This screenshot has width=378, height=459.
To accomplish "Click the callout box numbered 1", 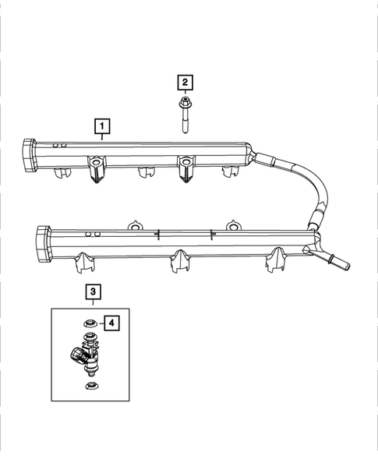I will [101, 124].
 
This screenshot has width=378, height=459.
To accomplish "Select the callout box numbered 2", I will [185, 81].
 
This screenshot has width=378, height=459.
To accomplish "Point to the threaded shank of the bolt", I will [185, 122].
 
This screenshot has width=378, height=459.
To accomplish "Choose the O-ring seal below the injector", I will [91, 386].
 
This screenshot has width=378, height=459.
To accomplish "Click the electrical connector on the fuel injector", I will [75, 355].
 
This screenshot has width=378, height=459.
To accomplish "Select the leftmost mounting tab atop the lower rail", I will [134, 225].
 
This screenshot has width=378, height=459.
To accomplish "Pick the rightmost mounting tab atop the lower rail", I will [232, 225].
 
